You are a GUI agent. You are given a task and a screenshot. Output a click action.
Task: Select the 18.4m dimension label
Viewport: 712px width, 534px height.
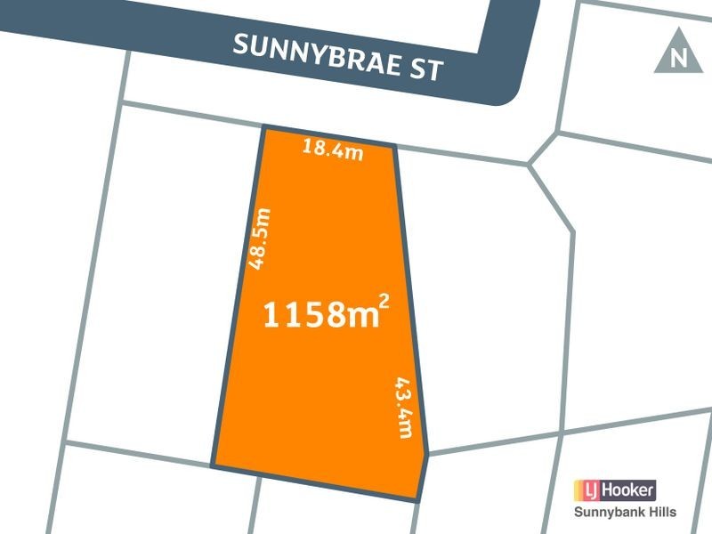click(x=333, y=150)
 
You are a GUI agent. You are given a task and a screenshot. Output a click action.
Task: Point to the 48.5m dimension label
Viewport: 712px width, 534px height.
click(x=258, y=238)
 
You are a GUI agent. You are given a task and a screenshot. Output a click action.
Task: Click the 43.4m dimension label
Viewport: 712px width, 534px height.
click(x=405, y=407)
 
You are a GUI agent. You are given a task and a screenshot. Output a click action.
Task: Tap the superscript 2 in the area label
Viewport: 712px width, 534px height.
click(x=384, y=303)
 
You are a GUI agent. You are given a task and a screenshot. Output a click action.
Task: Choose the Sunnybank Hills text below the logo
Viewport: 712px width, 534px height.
click(x=623, y=512)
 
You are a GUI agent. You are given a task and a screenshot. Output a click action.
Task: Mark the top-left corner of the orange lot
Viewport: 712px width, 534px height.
click(x=264, y=128)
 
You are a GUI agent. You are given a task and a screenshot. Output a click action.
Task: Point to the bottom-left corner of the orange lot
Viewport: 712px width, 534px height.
click(x=212, y=465)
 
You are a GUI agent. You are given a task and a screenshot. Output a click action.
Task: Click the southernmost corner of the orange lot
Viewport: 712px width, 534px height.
click(x=417, y=501)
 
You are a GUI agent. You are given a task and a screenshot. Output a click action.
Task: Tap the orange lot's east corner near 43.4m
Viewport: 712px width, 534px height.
click(x=428, y=454)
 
